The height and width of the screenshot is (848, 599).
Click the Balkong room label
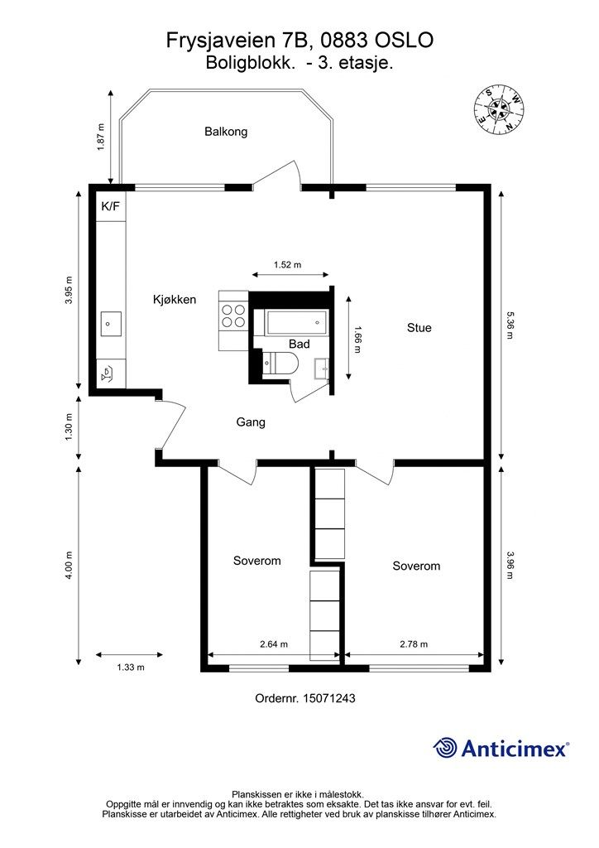click(226, 132)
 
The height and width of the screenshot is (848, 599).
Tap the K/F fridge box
click(111, 206)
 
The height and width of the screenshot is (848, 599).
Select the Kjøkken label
click(175, 300)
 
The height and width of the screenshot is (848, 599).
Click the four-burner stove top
click(233, 316)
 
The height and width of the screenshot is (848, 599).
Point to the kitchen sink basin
click(111, 324)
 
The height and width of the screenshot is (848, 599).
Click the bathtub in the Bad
click(296, 322)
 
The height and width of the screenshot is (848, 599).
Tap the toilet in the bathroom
click(280, 363)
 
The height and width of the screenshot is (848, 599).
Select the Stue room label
click(419, 328)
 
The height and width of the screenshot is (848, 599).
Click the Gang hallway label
click(251, 422)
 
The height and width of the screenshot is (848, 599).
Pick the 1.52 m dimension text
click(287, 265)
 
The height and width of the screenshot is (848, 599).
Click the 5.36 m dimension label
click(510, 325)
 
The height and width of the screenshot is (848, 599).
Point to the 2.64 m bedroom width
click(274, 644)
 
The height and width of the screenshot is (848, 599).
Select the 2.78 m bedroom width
click(414, 644)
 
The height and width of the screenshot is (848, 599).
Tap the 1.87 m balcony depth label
click(101, 137)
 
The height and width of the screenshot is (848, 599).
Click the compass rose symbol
click(499, 111)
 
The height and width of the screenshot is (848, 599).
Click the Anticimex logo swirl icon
click(445, 748)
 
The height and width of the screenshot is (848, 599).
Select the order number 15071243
click(329, 698)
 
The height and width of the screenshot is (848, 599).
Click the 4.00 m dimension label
click(69, 566)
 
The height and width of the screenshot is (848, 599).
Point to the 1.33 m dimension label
click(131, 667)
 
